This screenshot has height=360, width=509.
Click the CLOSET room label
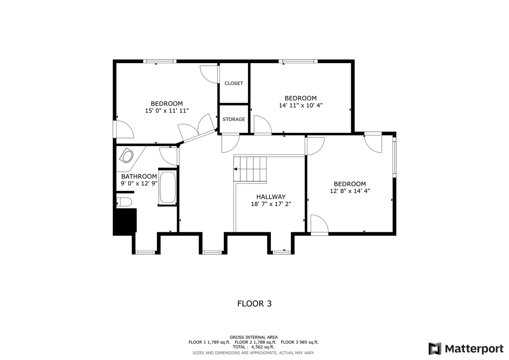click(233, 83)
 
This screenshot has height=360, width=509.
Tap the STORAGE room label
click(233, 119)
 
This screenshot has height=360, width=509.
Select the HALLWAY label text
click(271, 197)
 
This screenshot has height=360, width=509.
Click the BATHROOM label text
click(139, 176)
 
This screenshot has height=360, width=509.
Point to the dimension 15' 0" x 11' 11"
click(167, 111)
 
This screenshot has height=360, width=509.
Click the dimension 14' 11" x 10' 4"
click(301, 105)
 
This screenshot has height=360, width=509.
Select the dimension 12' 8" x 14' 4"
click(350, 191)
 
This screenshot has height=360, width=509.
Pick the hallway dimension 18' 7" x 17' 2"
click(271, 204)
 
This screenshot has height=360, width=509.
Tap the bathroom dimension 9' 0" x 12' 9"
click(139, 183)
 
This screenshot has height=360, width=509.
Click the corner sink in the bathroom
click(127, 156)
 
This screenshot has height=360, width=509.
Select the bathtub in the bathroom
click(167, 188)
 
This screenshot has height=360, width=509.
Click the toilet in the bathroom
click(124, 202)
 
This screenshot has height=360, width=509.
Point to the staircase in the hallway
click(250, 169)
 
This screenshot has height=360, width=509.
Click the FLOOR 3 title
click(254, 304)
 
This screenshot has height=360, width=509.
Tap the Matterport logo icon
click(435, 349)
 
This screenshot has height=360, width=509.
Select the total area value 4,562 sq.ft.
click(262, 347)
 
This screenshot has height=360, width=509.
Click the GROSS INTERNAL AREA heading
click(254, 337)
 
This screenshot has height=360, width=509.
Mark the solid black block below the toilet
click(125, 220)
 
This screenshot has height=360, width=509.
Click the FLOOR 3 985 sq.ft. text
click(299, 342)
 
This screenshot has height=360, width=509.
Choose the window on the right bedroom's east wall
click(394, 158)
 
